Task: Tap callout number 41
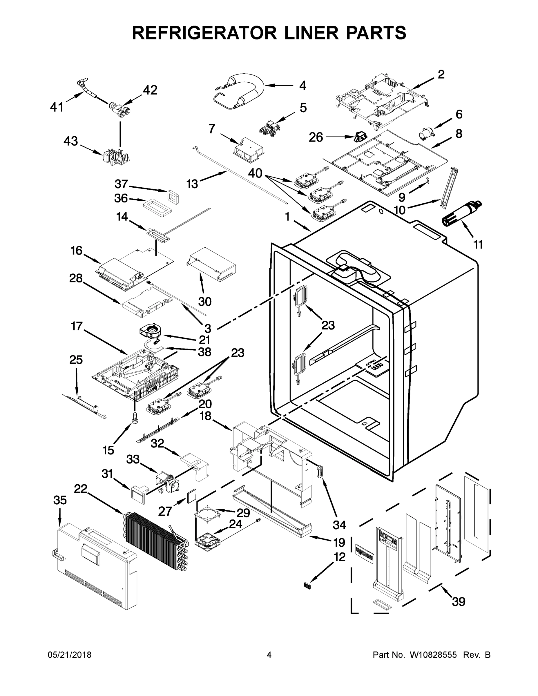[57, 107]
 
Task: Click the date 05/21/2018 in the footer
[70, 655]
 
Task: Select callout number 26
[316, 137]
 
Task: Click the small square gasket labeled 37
[172, 197]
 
